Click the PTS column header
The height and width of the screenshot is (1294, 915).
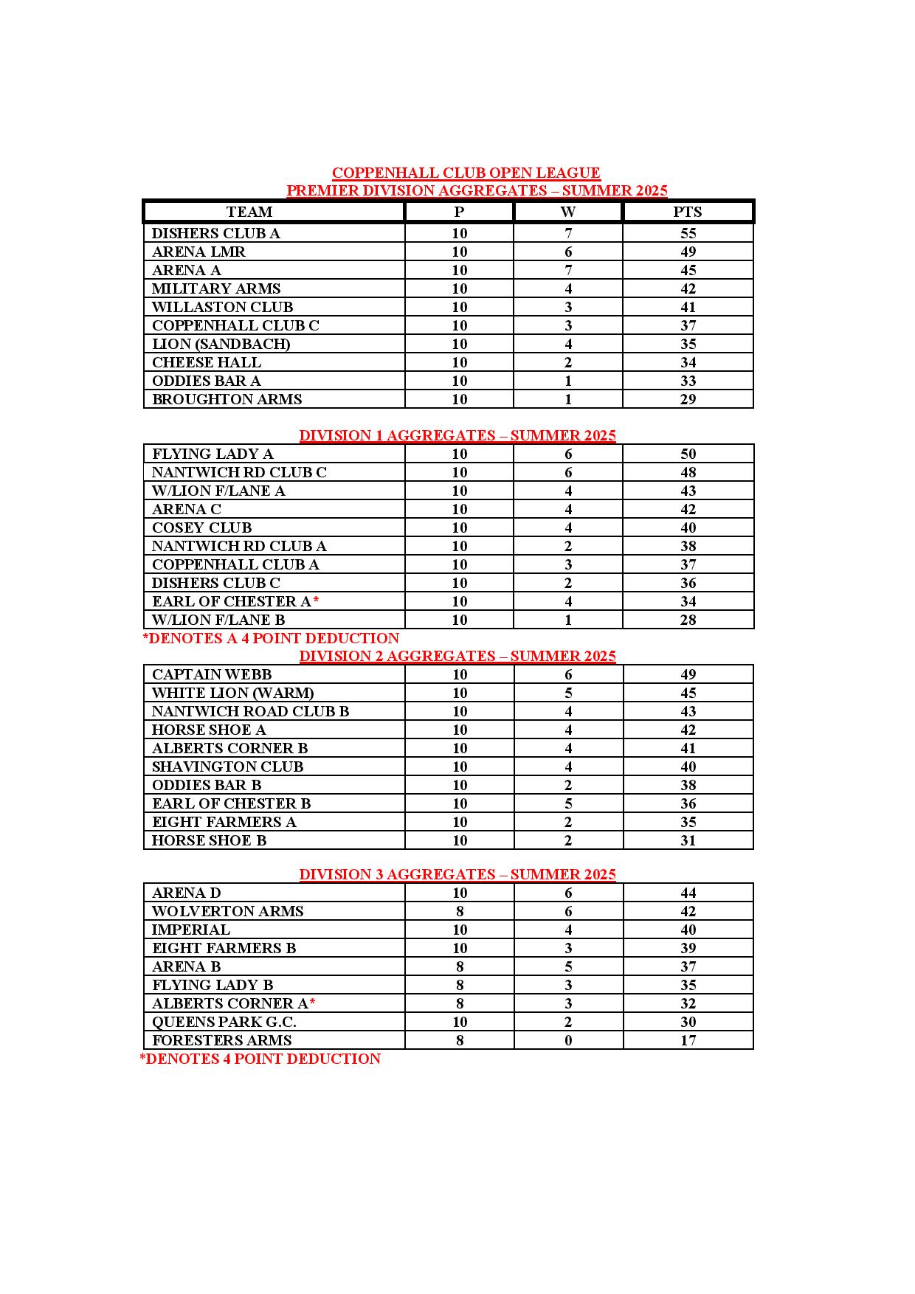(688, 212)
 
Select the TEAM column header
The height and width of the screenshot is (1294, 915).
(249, 212)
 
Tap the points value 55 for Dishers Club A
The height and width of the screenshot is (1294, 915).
(688, 233)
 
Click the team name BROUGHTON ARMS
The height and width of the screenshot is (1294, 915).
(227, 399)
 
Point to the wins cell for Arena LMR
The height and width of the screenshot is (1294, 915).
(568, 252)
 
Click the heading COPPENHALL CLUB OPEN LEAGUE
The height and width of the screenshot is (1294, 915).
(466, 173)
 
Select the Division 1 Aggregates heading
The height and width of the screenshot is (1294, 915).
(457, 435)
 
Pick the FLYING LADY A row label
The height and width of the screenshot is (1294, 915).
(213, 454)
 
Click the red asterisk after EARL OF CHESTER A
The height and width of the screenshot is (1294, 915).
(316, 600)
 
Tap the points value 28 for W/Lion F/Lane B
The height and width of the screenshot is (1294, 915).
(688, 620)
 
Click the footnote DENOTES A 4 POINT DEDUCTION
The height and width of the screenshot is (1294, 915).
(271, 638)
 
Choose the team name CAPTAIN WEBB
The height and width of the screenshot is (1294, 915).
(212, 674)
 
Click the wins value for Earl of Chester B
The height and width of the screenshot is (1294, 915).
(568, 803)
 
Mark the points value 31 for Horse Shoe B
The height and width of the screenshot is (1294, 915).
(688, 840)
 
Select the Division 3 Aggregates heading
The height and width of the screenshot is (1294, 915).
(457, 874)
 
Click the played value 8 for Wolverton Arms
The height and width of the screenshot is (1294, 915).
(460, 911)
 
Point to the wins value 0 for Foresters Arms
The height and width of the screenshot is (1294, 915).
(568, 1040)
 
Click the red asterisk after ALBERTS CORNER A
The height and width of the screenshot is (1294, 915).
(313, 1002)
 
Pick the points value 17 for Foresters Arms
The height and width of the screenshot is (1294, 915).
(688, 1040)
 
